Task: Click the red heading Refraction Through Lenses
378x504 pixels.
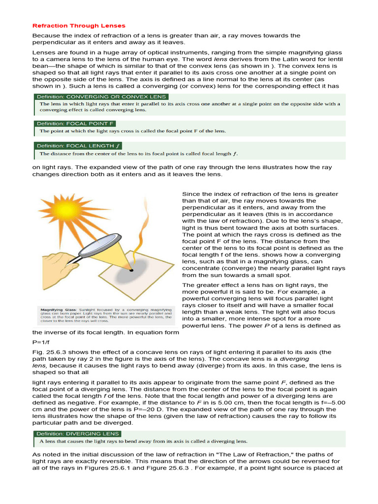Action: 79,26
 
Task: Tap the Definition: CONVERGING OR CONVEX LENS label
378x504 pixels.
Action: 101,97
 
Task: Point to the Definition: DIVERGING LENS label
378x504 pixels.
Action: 77,434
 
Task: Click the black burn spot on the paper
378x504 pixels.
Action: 131,270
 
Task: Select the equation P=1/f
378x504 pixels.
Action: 41,342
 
